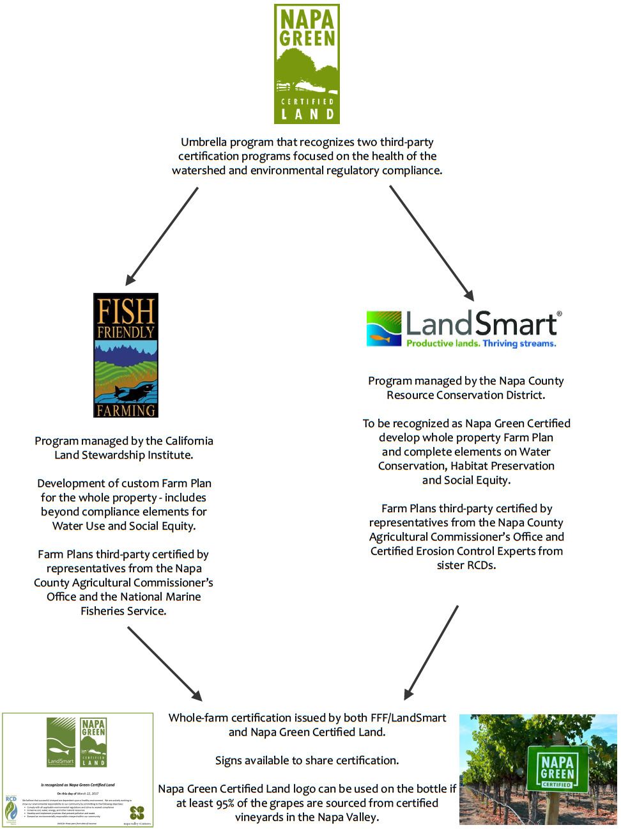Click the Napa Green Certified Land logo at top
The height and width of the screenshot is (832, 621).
[307, 64]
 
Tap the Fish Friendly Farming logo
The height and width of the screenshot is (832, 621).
[126, 355]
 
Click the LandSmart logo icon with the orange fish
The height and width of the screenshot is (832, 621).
[383, 329]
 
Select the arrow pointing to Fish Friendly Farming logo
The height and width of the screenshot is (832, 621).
[162, 236]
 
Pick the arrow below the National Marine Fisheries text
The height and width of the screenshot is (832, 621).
[165, 663]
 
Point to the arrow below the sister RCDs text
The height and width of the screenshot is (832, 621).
[431, 652]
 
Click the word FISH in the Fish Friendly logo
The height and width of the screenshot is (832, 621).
[126, 311]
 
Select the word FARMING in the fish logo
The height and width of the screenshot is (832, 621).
[126, 411]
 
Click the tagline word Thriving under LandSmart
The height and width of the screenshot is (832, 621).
[500, 343]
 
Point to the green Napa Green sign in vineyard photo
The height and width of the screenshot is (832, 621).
[556, 769]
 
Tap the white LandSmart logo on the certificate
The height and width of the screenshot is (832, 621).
[61, 742]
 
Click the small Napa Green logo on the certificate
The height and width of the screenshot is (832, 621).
[93, 742]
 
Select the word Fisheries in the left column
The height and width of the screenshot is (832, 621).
[108, 611]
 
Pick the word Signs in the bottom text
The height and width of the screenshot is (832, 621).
[229, 760]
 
